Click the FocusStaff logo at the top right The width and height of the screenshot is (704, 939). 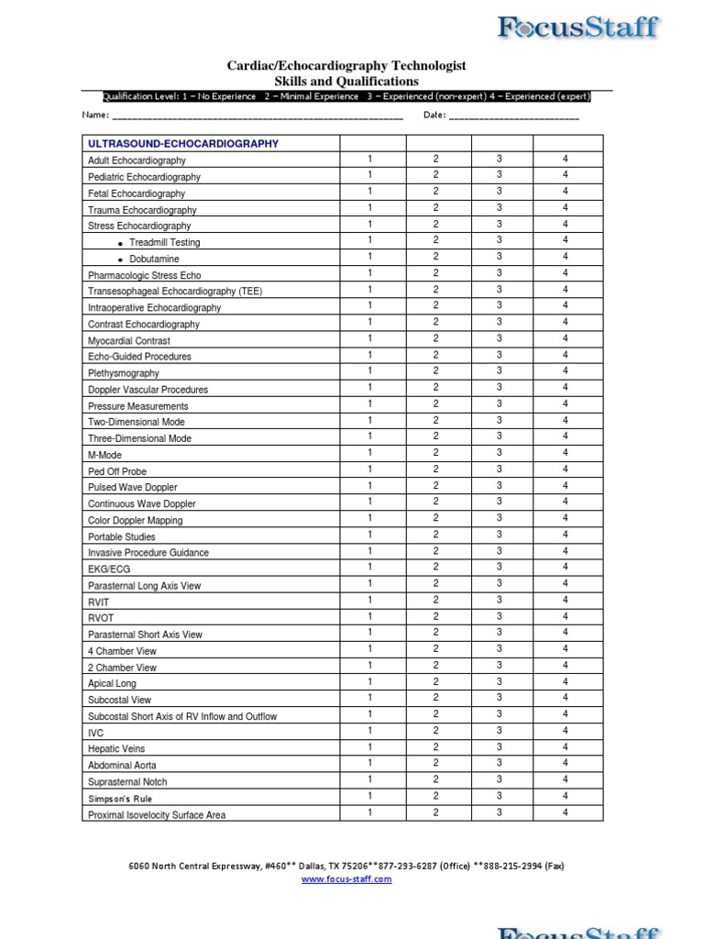pyautogui.click(x=577, y=27)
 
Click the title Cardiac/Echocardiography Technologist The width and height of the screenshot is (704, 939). pyautogui.click(x=346, y=65)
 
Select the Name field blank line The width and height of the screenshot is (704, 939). pyautogui.click(x=257, y=116)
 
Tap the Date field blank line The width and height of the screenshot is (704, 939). pyautogui.click(x=514, y=116)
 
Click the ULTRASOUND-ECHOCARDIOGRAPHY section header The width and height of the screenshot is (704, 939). pyautogui.click(x=183, y=144)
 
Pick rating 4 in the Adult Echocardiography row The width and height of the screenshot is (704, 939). pyautogui.click(x=566, y=160)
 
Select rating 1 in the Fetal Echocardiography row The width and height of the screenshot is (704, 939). pyautogui.click(x=370, y=192)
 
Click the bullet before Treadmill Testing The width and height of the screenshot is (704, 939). pyautogui.click(x=121, y=243)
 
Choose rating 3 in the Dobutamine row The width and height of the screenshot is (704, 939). pyautogui.click(x=500, y=257)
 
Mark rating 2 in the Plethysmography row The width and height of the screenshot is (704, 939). pyautogui.click(x=436, y=371)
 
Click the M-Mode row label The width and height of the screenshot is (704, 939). pyautogui.click(x=104, y=455)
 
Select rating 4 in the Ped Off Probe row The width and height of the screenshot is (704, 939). pyautogui.click(x=566, y=469)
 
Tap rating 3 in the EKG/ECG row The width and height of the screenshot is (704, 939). pyautogui.click(x=500, y=567)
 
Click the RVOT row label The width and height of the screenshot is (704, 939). pyautogui.click(x=101, y=618)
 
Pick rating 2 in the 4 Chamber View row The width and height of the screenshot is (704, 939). pyautogui.click(x=436, y=648)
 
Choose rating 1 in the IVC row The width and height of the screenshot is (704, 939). pyautogui.click(x=370, y=730)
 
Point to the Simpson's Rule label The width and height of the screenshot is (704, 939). pyautogui.click(x=120, y=799)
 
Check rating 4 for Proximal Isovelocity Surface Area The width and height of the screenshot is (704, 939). pyautogui.click(x=566, y=812)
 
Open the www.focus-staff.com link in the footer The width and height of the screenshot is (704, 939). pyautogui.click(x=346, y=879)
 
